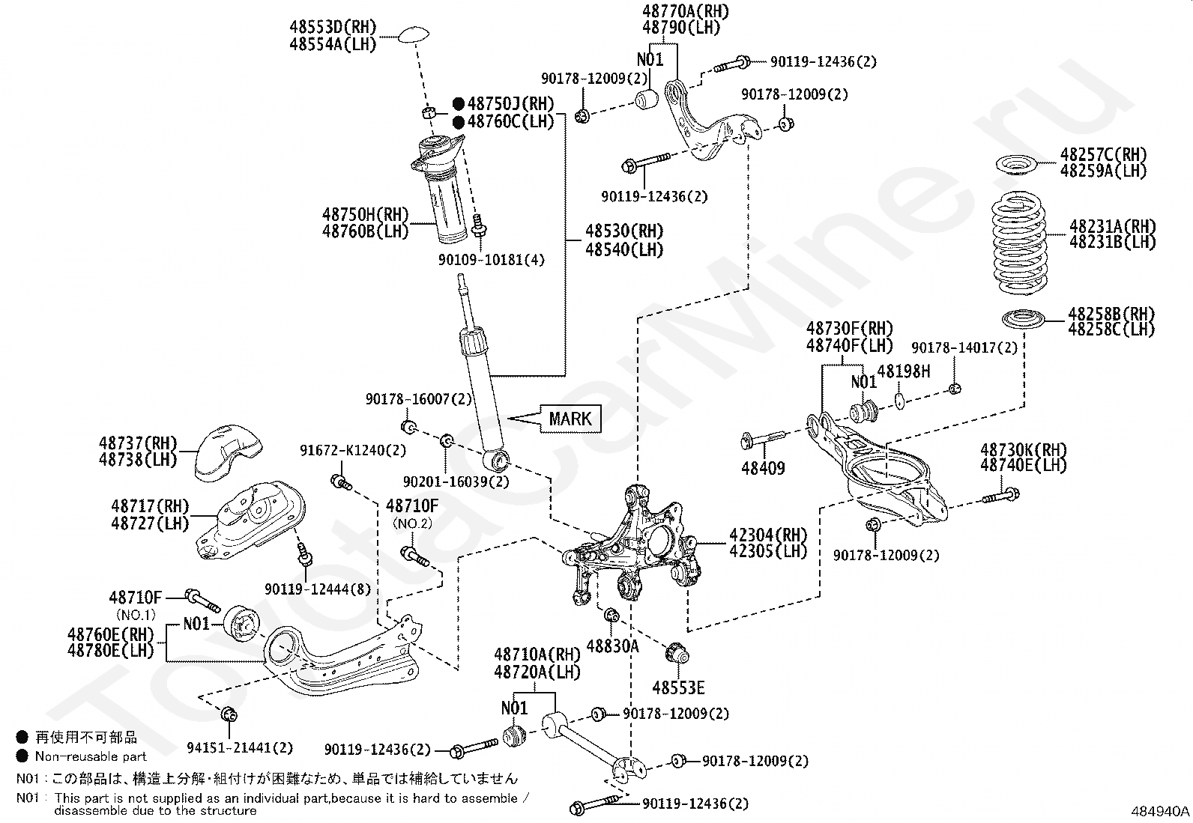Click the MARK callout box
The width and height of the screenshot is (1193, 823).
coord(570,419)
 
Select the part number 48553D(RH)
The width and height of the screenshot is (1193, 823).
coord(333,27)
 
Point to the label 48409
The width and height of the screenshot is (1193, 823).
coord(763,469)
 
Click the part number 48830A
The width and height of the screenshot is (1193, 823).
coord(612,646)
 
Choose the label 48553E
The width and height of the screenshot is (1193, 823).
coord(678,687)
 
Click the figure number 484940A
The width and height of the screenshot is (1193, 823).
coord(1160,811)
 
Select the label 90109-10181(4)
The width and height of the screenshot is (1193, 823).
coord(491,260)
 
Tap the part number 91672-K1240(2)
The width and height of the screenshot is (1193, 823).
coord(352,450)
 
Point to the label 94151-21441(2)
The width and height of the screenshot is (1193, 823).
coord(240,748)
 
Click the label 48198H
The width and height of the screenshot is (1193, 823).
coord(904,371)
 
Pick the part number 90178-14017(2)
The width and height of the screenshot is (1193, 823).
coord(964,347)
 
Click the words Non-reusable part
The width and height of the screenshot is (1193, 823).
coord(91,756)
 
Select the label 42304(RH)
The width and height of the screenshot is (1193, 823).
coord(768,535)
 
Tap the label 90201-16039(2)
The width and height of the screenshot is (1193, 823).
coord(456,482)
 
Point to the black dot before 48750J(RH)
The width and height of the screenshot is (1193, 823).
coord(459,103)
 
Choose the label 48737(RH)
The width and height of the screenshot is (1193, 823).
coord(138,443)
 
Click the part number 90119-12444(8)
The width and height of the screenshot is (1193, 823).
coord(318,589)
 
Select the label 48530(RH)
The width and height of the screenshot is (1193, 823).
coord(624,231)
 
